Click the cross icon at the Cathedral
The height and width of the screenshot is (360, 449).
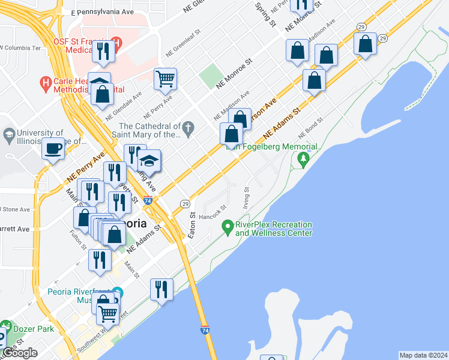(188, 127)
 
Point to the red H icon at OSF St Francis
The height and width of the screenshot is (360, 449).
(116, 43)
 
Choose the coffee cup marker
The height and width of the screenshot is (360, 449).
(53, 148)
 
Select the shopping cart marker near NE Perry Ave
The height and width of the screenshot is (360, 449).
(165, 78)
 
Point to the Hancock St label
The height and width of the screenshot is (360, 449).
(212, 212)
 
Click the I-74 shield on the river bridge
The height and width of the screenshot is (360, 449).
(205, 329)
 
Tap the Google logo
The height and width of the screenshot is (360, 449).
(20, 353)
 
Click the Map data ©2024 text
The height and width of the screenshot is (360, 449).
(423, 355)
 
